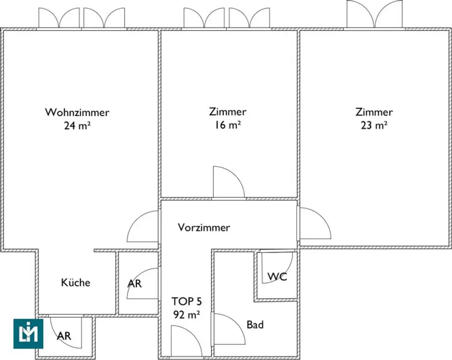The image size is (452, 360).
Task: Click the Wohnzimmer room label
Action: [77, 112]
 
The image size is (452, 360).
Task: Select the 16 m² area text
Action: [228, 125]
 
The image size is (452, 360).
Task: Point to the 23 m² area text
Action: [374, 125]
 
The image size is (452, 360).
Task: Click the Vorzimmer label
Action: [203, 227]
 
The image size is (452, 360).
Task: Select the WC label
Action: [277, 277]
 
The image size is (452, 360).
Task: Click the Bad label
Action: [255, 325]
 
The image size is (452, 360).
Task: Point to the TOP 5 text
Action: [186, 302]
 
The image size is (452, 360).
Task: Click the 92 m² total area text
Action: [186, 315]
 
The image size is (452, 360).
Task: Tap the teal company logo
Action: [28, 333]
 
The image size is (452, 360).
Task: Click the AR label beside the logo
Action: [64, 336]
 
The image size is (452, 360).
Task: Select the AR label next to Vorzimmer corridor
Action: [135, 284]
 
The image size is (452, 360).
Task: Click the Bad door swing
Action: [228, 330]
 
